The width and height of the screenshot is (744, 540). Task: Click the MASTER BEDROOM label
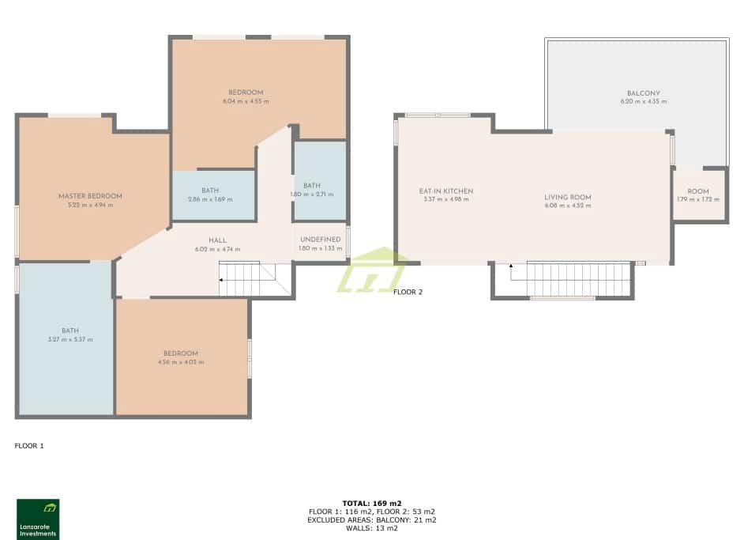(x=90, y=196)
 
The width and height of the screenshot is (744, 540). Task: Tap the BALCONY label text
(x=643, y=93)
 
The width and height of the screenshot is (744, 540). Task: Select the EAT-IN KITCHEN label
(x=446, y=191)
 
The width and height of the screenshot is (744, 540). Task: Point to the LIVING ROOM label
(x=567, y=198)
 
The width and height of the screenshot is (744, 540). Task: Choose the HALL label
(x=218, y=240)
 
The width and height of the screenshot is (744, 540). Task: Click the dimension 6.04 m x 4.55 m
(x=246, y=101)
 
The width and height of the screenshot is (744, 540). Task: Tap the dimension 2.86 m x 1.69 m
(x=210, y=199)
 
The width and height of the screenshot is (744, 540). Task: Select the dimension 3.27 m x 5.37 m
(x=70, y=339)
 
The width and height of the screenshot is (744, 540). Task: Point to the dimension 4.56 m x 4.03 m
(x=181, y=362)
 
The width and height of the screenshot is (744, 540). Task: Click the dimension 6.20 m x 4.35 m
(x=643, y=102)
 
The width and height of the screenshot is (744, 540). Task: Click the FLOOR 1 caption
(x=29, y=446)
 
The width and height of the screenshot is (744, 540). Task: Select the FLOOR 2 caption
(x=408, y=292)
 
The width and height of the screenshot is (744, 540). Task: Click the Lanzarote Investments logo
(x=38, y=519)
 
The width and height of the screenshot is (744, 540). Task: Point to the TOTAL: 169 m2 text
(x=372, y=503)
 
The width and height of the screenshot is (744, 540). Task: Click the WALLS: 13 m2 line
(x=372, y=528)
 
